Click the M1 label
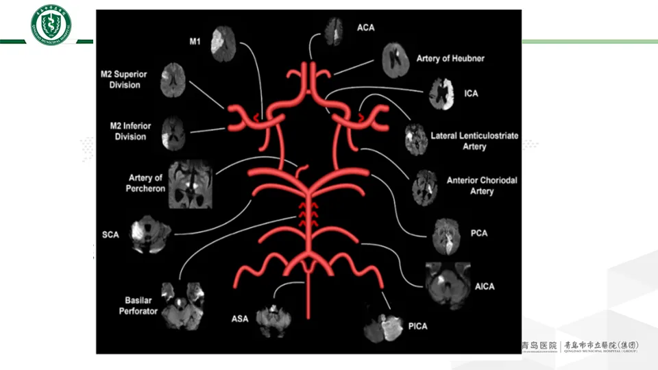tap(195, 41)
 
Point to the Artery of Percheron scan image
tap(191, 184)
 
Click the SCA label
tap(110, 234)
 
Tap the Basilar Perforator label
tap(142, 306)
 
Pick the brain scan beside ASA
tap(273, 317)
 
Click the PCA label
tap(479, 234)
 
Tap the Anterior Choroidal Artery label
tap(482, 186)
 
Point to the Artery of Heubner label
tap(450, 59)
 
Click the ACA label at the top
tap(366, 27)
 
